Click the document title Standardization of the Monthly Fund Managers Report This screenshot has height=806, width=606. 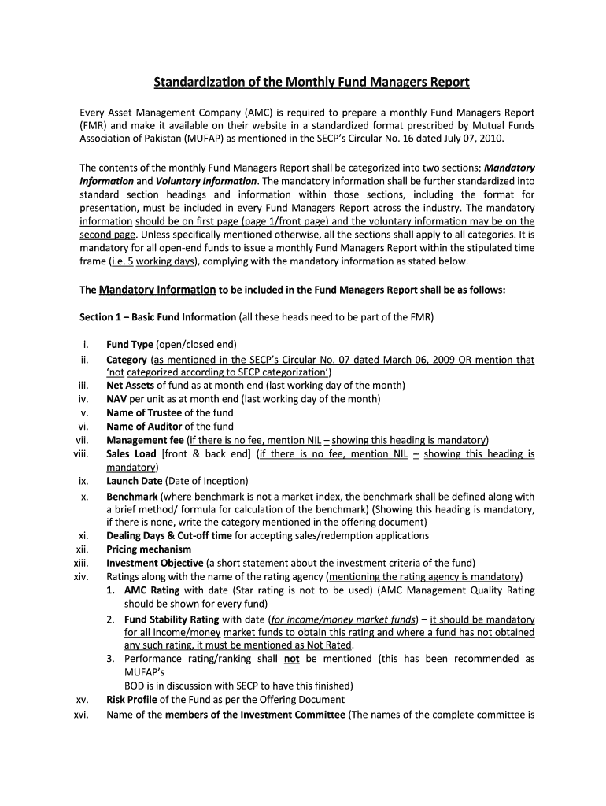311,82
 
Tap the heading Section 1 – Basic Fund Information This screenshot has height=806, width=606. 157,317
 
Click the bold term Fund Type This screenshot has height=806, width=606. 130,345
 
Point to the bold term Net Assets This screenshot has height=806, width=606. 130,385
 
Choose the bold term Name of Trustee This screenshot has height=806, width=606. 144,412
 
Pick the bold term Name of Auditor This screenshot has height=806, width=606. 144,426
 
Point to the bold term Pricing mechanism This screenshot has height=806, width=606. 149,549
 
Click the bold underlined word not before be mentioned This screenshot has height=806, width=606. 291,659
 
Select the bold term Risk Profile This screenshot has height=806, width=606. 130,699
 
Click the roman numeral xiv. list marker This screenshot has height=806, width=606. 80,576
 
